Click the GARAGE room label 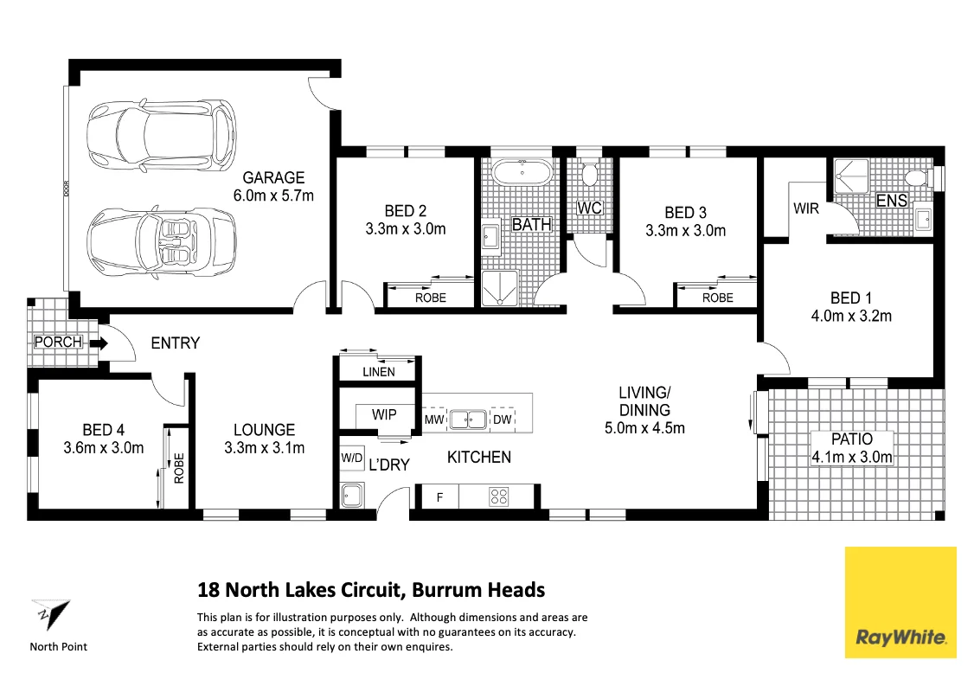273,177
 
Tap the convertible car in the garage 162,240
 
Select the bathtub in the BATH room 521,171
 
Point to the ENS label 891,201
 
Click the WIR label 805,208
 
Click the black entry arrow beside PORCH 99,343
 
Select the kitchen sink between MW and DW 468,420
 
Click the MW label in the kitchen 434,420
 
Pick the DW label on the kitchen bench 502,420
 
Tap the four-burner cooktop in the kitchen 499,496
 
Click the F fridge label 439,497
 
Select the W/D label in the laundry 351,458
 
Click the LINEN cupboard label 378,372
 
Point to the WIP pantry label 384,414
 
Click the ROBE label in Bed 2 431,298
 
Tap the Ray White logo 900,602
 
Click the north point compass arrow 52,614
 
